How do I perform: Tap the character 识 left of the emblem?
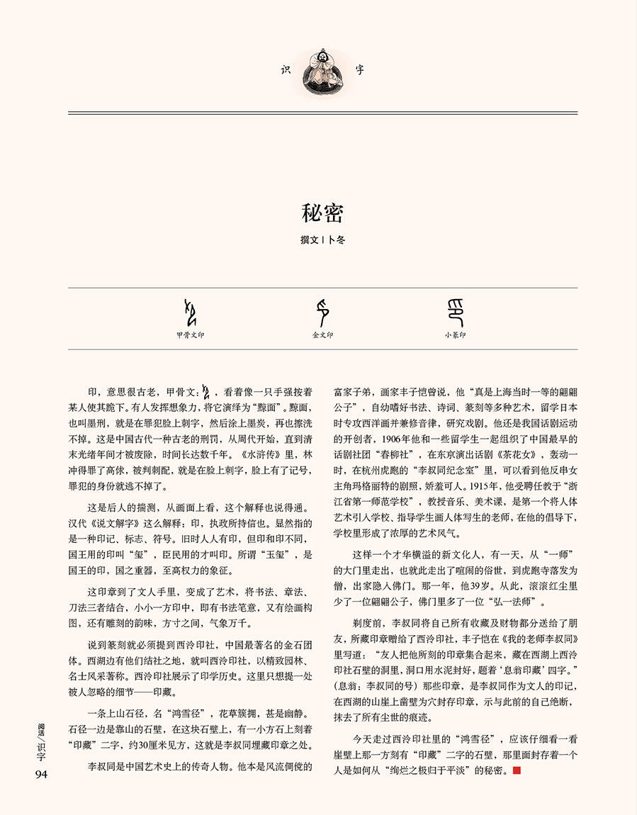coord(286,69)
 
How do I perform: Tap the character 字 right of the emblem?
coord(360,69)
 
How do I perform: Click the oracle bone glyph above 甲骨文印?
coord(190,311)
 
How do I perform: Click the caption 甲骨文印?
coord(190,335)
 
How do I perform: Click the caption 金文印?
coord(322,335)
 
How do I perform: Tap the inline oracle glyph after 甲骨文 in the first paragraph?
coord(208,390)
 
